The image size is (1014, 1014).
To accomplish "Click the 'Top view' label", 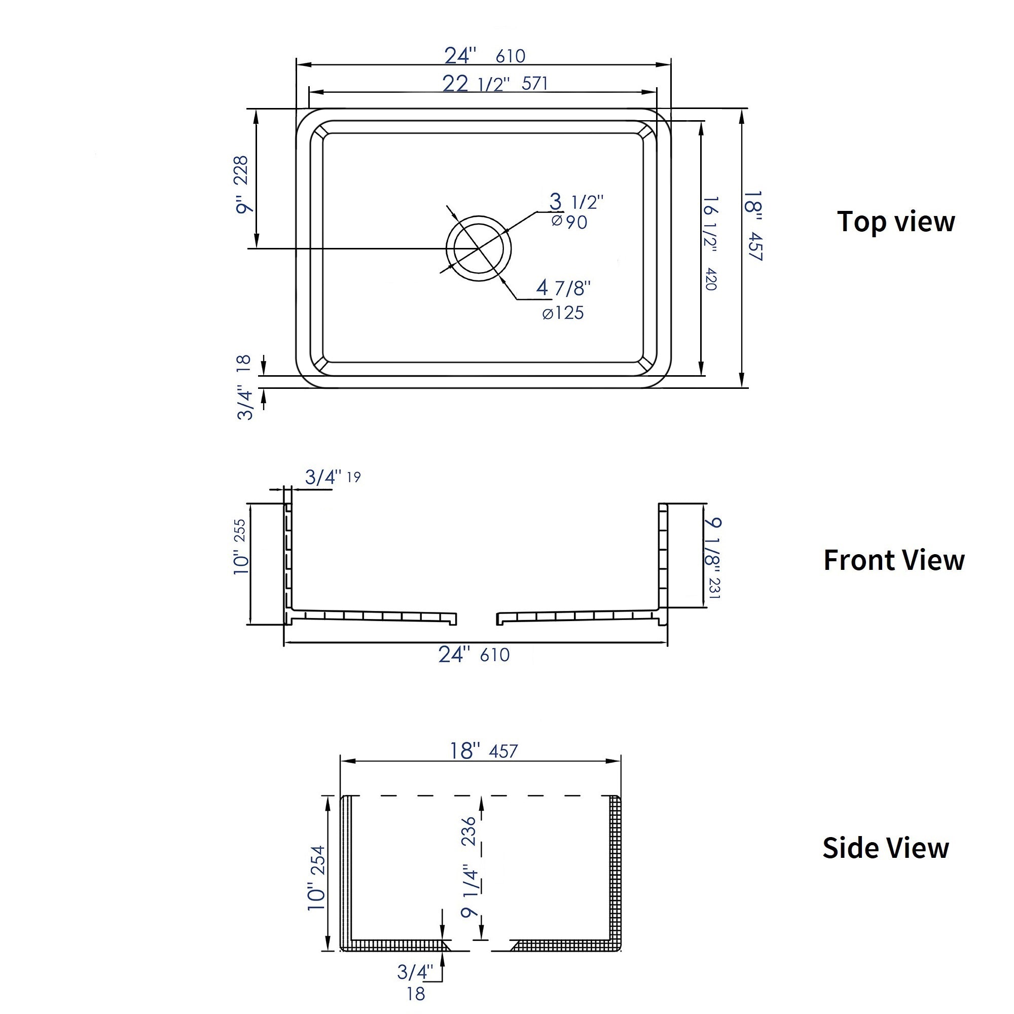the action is click(895, 222).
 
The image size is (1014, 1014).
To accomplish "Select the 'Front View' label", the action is click(894, 560).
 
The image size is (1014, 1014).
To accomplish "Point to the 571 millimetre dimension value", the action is click(535, 84).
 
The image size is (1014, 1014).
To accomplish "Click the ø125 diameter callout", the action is click(563, 313).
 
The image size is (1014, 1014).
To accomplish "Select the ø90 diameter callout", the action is click(569, 222).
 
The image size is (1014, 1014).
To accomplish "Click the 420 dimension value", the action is click(711, 279).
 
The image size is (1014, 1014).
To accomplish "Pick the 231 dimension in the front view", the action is click(715, 588).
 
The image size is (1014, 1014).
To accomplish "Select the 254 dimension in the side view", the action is click(317, 861).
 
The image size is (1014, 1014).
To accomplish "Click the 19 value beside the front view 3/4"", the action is click(354, 477).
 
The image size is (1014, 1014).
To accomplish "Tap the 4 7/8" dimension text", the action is click(564, 287).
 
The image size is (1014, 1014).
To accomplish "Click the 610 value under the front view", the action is click(494, 655).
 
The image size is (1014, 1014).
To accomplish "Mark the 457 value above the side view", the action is click(503, 751).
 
